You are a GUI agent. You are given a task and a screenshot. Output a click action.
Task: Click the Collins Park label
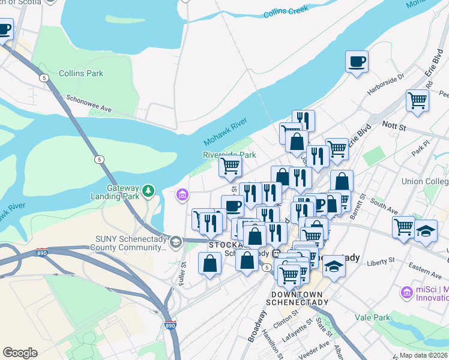coord(80,74)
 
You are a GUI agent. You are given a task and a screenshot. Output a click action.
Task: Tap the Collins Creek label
coord(286,10)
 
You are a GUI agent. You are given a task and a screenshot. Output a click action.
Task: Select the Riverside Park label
coord(229,155)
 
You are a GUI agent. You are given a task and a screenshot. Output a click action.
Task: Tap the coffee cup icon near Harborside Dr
coord(357,61)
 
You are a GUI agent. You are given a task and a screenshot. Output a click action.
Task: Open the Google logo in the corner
coord(20,353)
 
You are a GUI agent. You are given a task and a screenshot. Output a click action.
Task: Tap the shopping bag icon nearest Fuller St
coord(210,263)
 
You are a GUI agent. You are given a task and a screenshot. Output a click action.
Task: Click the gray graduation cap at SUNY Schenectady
coord(176,242)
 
